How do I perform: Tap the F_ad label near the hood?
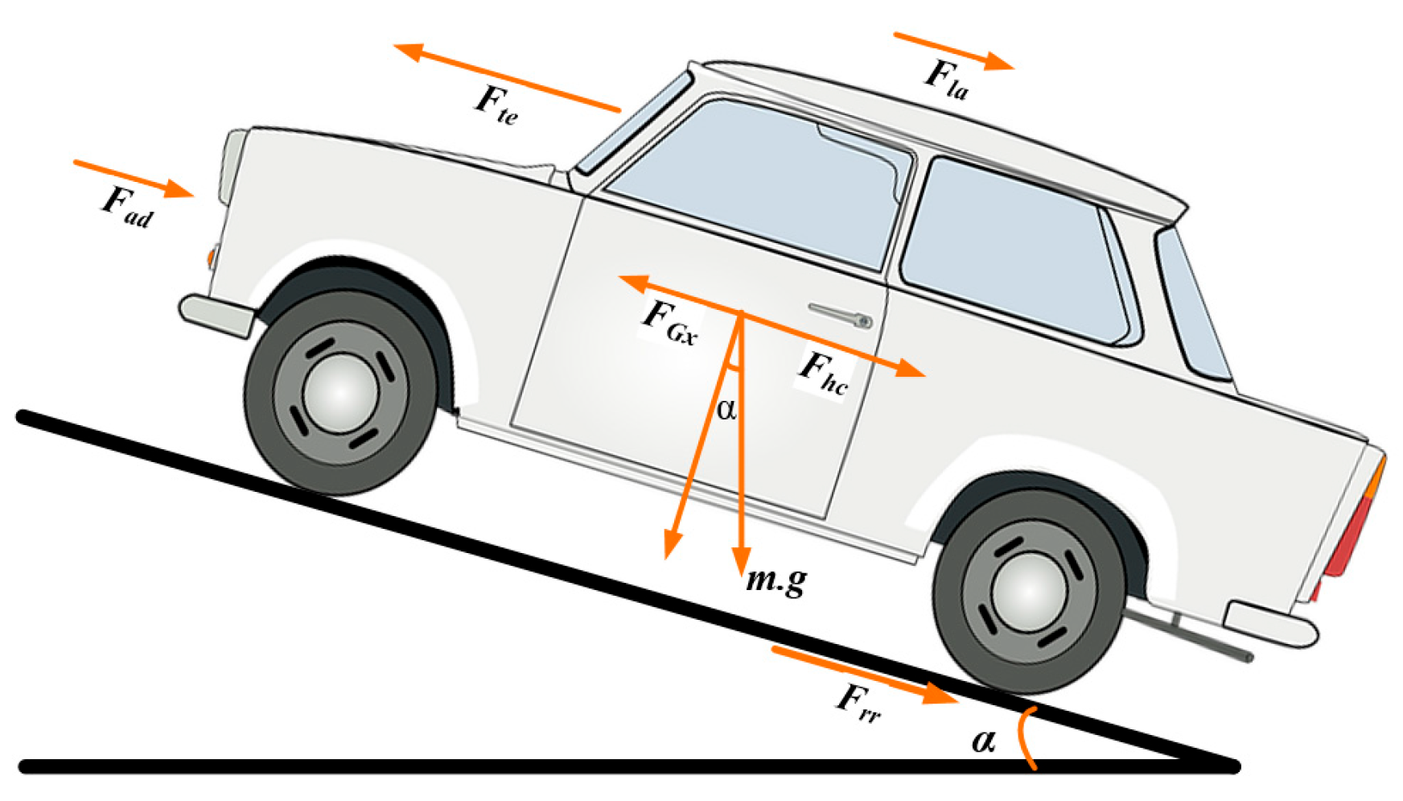[126, 206]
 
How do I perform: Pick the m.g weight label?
[776, 580]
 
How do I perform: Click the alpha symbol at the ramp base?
[983, 739]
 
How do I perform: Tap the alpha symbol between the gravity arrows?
[726, 410]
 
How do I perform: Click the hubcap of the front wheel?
[341, 392]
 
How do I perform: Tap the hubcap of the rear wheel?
[1029, 592]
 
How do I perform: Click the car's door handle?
[841, 315]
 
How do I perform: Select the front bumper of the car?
[214, 314]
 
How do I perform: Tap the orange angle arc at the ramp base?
[1025, 737]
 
